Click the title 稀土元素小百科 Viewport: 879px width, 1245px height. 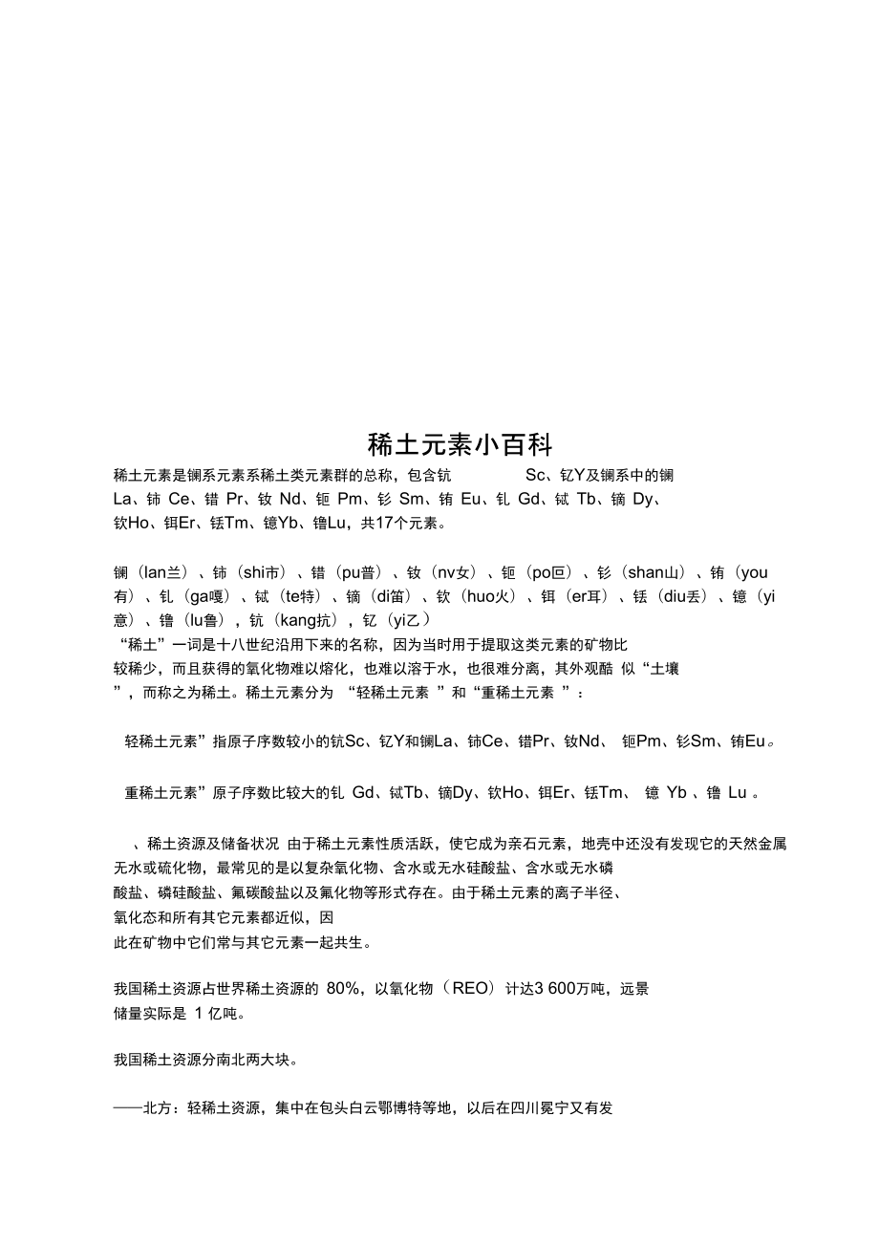[x=461, y=445]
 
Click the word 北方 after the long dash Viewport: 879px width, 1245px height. [x=158, y=1108]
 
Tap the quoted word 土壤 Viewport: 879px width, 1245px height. [x=665, y=669]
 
